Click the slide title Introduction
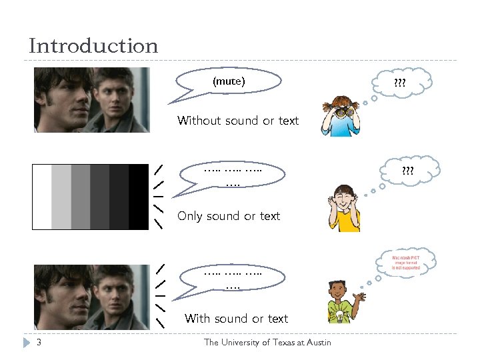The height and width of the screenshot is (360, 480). (93, 46)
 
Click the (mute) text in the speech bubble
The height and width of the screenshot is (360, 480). (229, 81)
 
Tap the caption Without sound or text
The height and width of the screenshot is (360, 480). (238, 121)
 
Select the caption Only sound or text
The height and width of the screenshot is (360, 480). (229, 216)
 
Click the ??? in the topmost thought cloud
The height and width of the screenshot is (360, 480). (400, 84)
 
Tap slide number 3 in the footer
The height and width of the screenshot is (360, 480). (39, 343)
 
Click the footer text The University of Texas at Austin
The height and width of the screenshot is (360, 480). (267, 343)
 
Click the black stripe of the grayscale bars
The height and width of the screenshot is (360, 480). (139, 197)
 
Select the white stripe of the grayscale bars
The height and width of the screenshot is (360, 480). (42, 197)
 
